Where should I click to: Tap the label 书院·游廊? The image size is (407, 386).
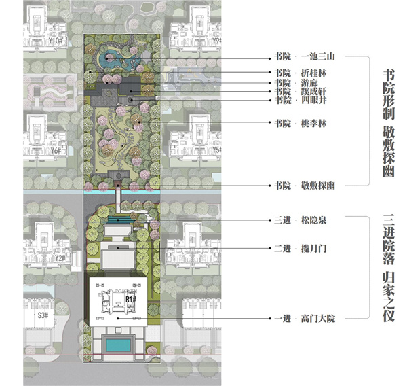(x=292, y=83)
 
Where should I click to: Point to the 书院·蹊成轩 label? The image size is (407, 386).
(x=296, y=92)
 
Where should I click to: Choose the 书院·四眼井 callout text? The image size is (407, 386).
(x=296, y=101)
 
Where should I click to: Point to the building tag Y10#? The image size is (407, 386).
(x=56, y=41)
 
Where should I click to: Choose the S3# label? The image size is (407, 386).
(x=42, y=315)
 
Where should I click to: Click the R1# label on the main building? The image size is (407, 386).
(x=132, y=298)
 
